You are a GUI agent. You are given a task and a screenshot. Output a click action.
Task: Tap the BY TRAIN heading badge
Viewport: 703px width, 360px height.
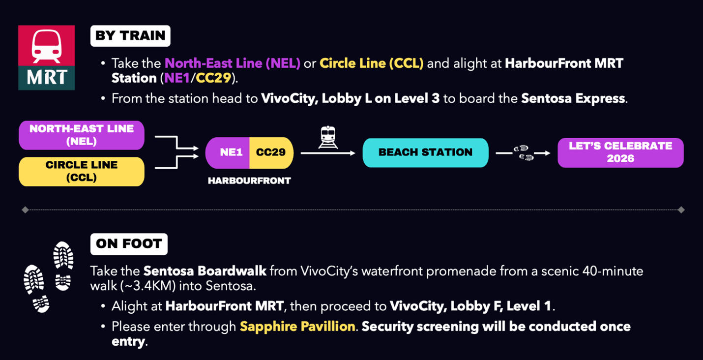point(130,36)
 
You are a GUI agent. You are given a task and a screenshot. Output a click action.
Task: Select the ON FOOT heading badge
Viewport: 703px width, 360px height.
point(129,244)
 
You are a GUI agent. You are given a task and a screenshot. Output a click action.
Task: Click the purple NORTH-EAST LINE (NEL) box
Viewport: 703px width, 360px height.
point(82,135)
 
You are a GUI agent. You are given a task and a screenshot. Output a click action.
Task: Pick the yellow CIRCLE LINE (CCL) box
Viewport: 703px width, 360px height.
point(82,171)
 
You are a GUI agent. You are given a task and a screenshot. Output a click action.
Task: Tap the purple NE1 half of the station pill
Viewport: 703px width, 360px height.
point(229,152)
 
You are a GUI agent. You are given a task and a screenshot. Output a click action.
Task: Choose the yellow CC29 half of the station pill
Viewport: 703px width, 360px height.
point(271,152)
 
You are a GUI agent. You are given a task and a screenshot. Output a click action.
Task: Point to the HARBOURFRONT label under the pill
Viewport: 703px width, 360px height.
point(249,181)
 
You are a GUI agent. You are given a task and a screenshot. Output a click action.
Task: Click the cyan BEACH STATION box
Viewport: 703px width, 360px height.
point(425,152)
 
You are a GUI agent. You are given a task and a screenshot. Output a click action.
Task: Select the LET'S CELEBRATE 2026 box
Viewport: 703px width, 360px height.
point(620,152)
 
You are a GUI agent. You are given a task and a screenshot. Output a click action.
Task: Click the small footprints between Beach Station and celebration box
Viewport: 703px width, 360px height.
point(523,153)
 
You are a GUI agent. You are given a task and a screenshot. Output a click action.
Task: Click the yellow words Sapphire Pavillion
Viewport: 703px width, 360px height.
point(297,327)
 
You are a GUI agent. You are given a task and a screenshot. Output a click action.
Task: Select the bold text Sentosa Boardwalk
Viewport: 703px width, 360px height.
point(205,271)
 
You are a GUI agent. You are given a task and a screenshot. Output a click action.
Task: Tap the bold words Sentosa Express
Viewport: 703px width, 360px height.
point(573,98)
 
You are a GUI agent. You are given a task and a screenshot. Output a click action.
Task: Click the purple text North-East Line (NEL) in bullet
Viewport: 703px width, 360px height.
point(233,63)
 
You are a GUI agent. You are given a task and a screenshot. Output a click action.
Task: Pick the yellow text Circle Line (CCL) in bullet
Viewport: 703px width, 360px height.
point(371,63)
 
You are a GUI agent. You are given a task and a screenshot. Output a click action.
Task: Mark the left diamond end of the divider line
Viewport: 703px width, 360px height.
point(25,210)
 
